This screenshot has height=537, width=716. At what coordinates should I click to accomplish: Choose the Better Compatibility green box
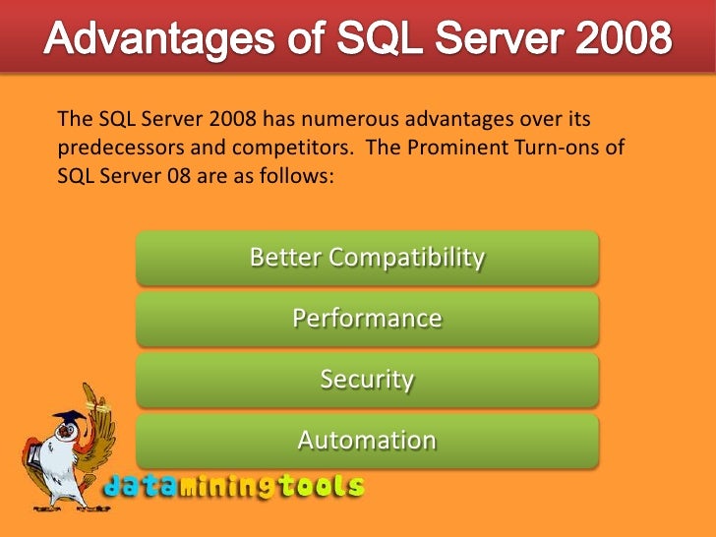367,258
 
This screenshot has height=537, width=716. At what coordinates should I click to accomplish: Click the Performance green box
367,319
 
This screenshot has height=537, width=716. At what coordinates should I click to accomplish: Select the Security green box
367,380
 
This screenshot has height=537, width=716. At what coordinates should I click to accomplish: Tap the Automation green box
367,440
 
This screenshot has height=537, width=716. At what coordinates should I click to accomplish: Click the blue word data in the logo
137,485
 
